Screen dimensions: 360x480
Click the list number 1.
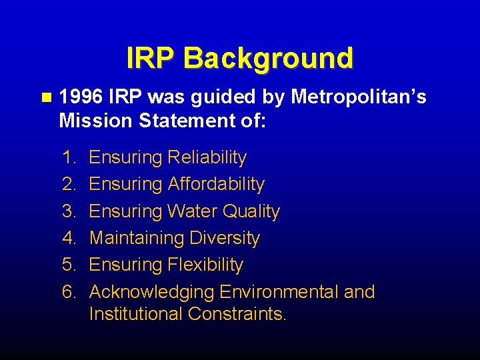pyautogui.click(x=69, y=158)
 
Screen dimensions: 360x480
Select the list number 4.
pyautogui.click(x=69, y=238)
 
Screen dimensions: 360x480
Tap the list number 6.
pyautogui.click(x=69, y=292)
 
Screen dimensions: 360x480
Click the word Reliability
pyautogui.click(x=207, y=158)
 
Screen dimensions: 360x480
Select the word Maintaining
pyautogui.click(x=136, y=238)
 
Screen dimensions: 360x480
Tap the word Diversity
pyautogui.click(x=225, y=238)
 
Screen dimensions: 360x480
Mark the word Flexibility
pyautogui.click(x=205, y=265)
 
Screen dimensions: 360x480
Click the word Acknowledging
pyautogui.click(x=151, y=292)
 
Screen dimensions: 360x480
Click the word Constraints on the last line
pyautogui.click(x=237, y=314)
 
